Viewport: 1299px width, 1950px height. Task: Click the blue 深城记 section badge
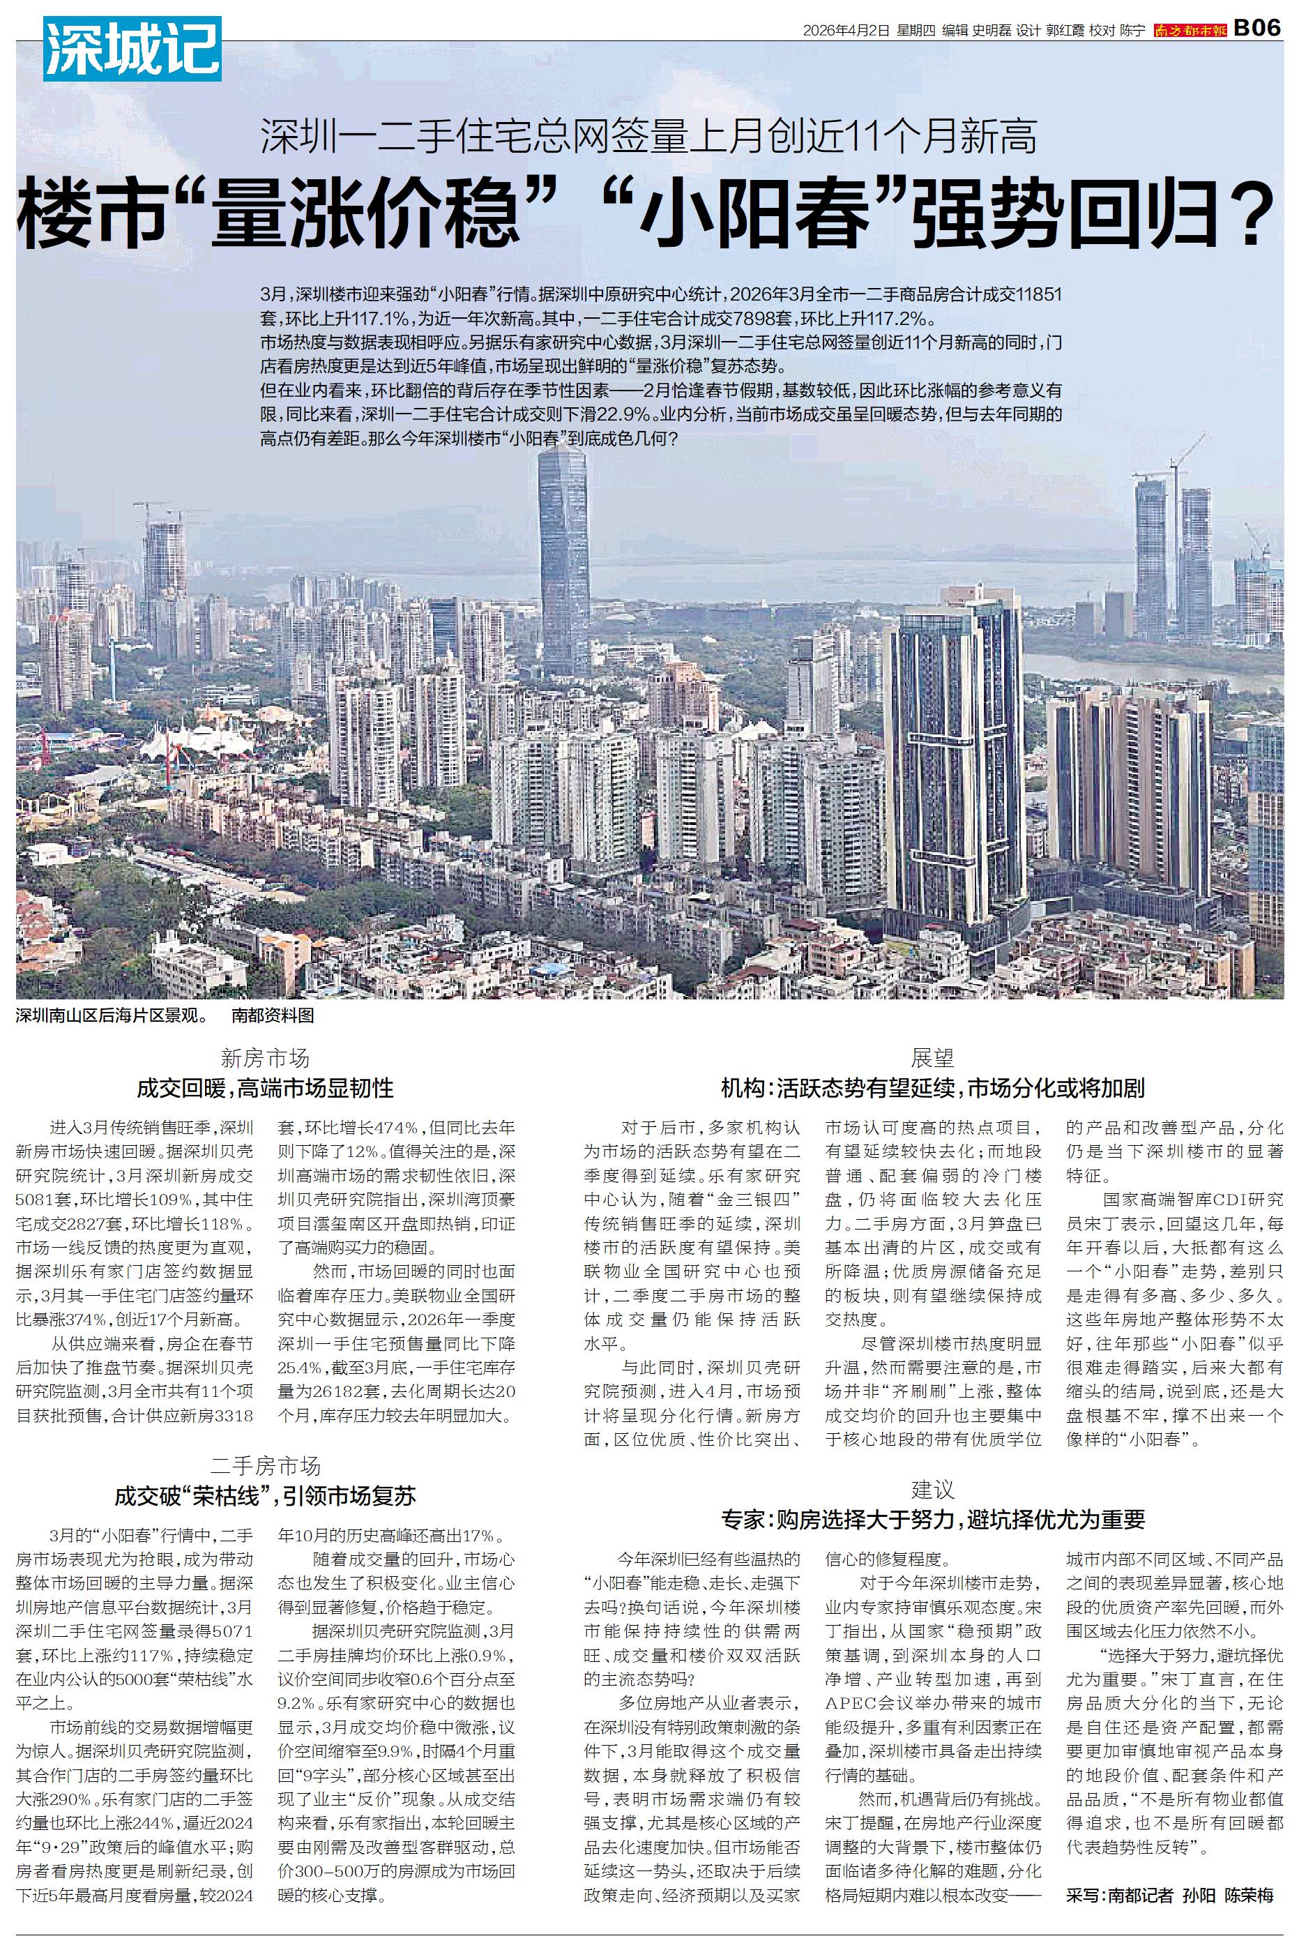(x=132, y=50)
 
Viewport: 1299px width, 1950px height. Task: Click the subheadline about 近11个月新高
(x=648, y=137)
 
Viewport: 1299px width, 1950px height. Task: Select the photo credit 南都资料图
(x=273, y=1015)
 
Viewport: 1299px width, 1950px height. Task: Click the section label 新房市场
(x=265, y=1058)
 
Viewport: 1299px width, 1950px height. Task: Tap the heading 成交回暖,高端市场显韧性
(x=265, y=1088)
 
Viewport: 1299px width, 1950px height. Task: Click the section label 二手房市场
(x=265, y=1466)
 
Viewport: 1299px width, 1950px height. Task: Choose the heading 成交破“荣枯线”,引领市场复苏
(x=265, y=1496)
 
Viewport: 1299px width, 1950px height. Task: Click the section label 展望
(x=933, y=1058)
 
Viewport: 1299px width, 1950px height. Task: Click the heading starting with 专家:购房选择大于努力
(x=933, y=1519)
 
